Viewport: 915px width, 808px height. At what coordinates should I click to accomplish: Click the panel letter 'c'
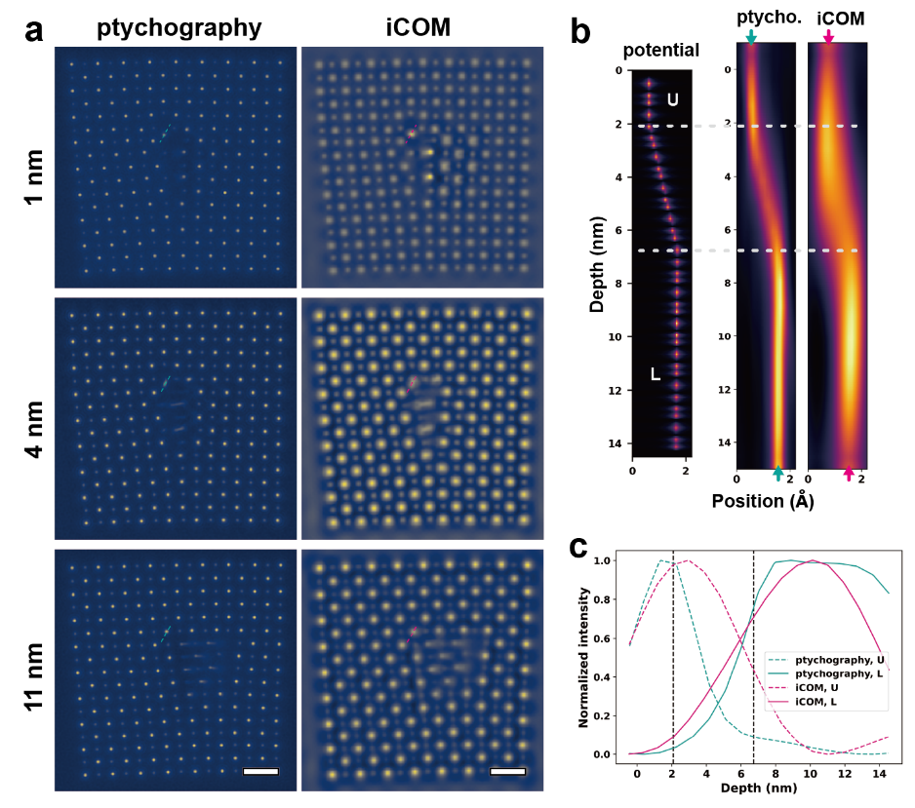click(579, 547)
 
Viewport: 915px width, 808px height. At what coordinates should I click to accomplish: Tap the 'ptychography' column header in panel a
click(179, 29)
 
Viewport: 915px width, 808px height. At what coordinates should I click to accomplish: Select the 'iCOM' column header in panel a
click(417, 29)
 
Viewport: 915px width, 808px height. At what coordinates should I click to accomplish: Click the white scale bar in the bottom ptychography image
click(260, 771)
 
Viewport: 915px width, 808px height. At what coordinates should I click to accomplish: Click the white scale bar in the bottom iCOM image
click(507, 771)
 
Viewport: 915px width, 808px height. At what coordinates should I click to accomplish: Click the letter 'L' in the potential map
click(656, 374)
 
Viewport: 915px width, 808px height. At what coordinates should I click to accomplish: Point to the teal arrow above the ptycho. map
click(750, 37)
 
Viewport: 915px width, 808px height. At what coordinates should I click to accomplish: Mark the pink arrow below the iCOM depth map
click(849, 474)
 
